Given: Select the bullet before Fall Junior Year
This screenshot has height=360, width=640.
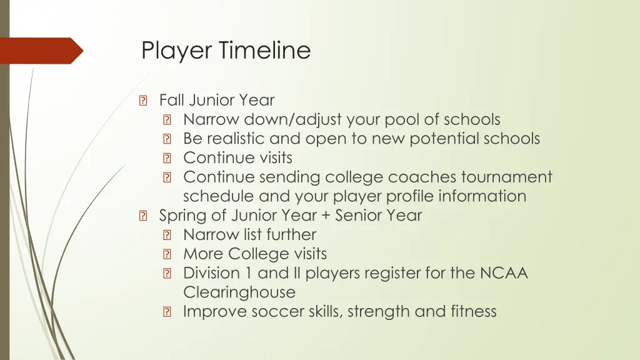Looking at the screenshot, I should pyautogui.click(x=144, y=101).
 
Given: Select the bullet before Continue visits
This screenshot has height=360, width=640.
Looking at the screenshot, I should pyautogui.click(x=167, y=159).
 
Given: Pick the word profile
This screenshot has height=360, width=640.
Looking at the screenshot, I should pyautogui.click(x=409, y=196).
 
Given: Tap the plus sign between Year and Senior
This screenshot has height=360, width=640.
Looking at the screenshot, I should pyautogui.click(x=326, y=216).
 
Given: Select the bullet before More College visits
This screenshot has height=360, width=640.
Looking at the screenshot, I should pyautogui.click(x=167, y=255).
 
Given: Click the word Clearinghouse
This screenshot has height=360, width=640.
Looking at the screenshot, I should pyautogui.click(x=239, y=292).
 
